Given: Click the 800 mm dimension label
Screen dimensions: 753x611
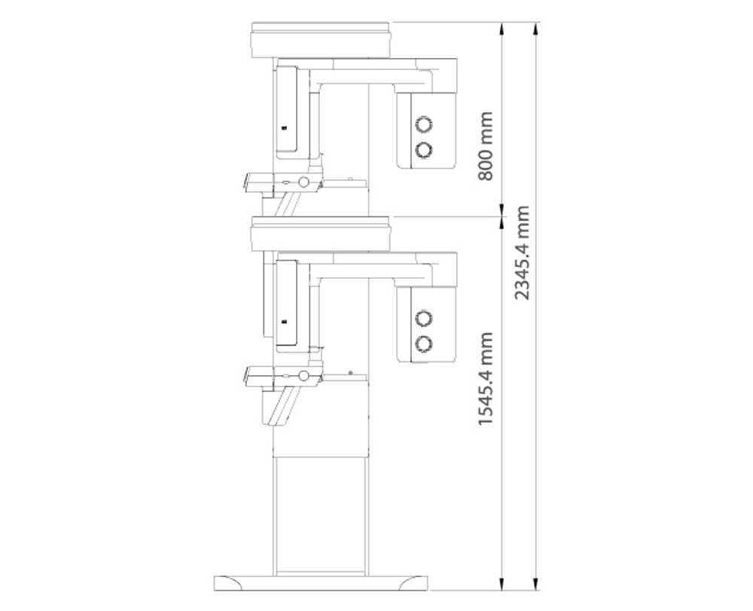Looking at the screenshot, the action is point(486,146).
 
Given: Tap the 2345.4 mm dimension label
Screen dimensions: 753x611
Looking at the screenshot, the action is point(522,252).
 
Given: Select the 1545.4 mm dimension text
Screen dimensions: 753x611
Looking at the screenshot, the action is point(486,378).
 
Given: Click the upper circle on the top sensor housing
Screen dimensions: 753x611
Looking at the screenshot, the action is point(423,124).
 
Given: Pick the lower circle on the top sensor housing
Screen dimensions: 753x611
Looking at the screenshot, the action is point(423,150).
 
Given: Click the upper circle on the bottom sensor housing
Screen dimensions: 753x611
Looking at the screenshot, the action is point(423,318).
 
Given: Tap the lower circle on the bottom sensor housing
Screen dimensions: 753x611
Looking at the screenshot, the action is point(423,344).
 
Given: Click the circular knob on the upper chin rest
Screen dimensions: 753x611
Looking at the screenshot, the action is point(303,182).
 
